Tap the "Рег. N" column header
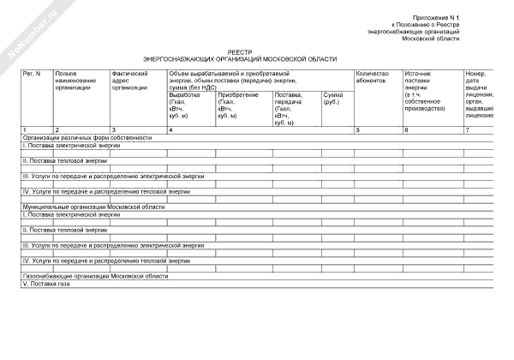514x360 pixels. [32, 74]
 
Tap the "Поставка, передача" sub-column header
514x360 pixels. [290, 102]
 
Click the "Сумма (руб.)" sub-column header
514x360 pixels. [332, 99]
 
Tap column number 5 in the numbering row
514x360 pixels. [357, 129]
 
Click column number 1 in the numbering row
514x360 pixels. [25, 129]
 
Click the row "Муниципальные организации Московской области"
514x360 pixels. [93, 207]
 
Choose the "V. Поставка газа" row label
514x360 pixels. [46, 285]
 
